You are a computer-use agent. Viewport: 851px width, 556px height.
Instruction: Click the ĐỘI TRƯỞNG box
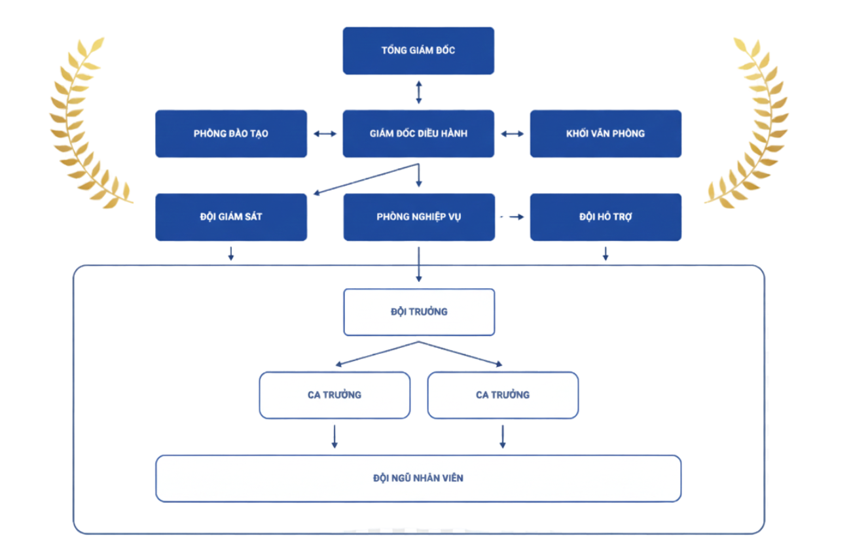[419, 312]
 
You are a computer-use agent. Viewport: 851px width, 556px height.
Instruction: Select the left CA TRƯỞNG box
[335, 394]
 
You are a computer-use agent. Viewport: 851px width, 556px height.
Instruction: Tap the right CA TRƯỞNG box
[503, 394]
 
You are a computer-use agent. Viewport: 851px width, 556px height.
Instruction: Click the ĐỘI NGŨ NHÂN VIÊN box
[418, 478]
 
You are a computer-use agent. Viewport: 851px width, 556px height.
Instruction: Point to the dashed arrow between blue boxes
[512, 217]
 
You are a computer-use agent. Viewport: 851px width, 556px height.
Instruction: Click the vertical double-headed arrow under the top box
[419, 92]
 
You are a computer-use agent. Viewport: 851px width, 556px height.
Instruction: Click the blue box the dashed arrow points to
[606, 217]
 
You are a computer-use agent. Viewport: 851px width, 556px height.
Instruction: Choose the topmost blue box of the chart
[419, 50]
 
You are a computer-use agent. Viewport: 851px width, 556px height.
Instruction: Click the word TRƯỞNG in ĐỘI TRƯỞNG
[429, 312]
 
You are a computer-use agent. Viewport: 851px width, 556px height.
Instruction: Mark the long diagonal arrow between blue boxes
[365, 179]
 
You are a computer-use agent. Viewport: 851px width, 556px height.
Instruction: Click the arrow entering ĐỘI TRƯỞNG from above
[419, 264]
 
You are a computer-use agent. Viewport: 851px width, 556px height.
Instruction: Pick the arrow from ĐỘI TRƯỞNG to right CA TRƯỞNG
[461, 353]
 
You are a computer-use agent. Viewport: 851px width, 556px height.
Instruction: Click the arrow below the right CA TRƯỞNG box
[503, 436]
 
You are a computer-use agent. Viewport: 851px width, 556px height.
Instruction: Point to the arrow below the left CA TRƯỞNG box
[335, 436]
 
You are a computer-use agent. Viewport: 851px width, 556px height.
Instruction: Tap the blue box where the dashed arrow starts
[419, 217]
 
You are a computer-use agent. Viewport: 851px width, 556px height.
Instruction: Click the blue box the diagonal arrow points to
[231, 217]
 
